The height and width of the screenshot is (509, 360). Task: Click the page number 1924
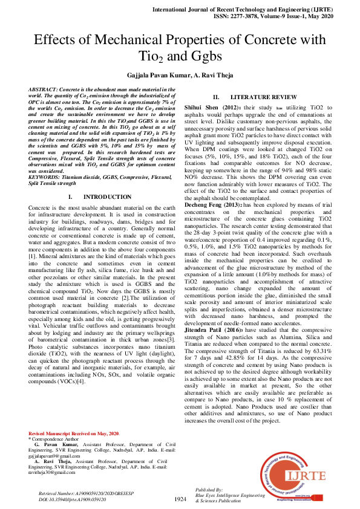tap(180, 499)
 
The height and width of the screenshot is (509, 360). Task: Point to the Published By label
tap(211, 489)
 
